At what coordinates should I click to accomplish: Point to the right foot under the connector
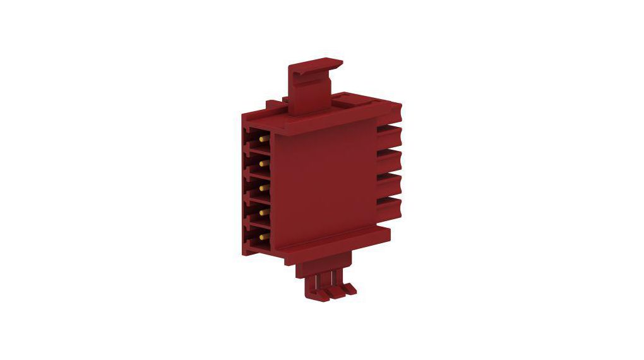pyautogui.click(x=346, y=288)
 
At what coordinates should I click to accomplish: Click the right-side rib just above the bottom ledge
pyautogui.click(x=389, y=204)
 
